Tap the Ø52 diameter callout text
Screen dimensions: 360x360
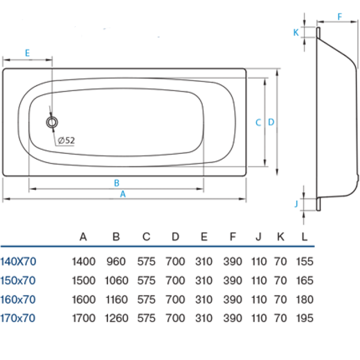click(x=66, y=140)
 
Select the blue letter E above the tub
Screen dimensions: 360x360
click(x=27, y=53)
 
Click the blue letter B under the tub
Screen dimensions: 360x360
click(x=117, y=183)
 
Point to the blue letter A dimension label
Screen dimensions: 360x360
click(x=123, y=194)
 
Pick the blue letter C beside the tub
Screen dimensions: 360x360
click(x=258, y=122)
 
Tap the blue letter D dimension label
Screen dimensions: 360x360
click(x=271, y=122)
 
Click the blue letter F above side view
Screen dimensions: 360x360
click(x=339, y=17)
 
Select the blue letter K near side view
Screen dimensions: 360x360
click(x=296, y=33)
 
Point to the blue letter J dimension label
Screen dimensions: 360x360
click(x=297, y=203)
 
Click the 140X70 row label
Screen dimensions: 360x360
click(x=18, y=261)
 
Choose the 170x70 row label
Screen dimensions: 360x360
click(x=18, y=318)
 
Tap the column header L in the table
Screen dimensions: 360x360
click(x=305, y=237)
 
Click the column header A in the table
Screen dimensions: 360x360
click(x=83, y=237)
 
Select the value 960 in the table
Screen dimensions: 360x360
click(x=116, y=261)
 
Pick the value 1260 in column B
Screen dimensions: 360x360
click(x=117, y=318)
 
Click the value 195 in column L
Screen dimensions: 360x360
click(x=305, y=318)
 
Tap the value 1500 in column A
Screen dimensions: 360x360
click(x=83, y=281)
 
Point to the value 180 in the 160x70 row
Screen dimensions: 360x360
click(x=305, y=299)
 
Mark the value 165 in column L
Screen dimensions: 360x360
click(x=305, y=281)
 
